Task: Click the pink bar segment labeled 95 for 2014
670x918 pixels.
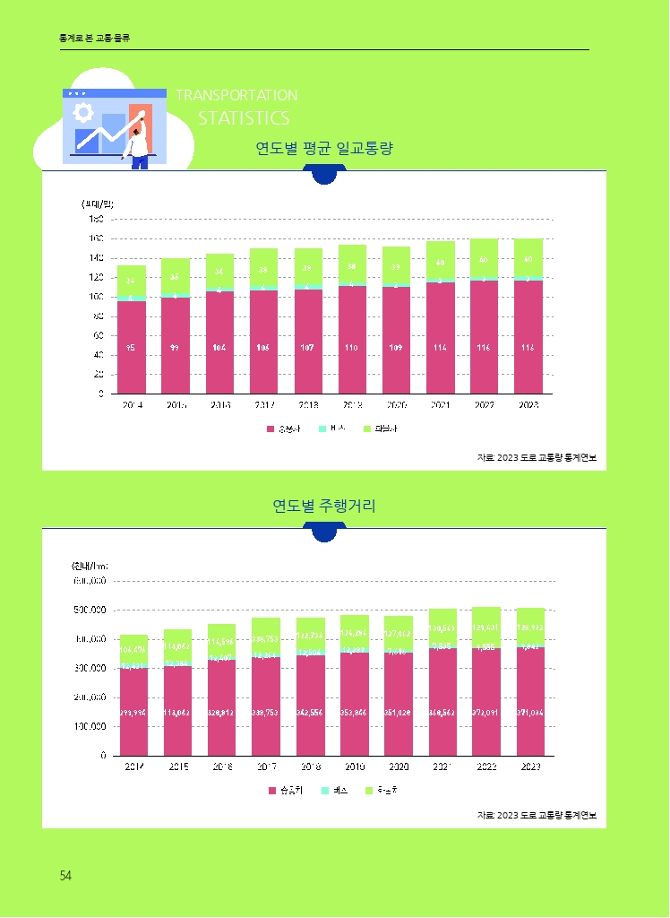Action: [x=132, y=347]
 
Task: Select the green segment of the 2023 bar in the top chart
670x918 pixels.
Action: [x=528, y=258]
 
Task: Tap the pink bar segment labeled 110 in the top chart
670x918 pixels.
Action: [x=352, y=341]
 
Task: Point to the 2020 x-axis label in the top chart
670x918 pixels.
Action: [x=396, y=405]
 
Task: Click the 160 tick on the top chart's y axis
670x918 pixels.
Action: [x=96, y=238]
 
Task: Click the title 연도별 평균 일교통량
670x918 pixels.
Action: [x=324, y=149]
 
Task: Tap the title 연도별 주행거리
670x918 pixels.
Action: [x=324, y=507]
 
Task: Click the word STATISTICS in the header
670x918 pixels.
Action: [x=244, y=118]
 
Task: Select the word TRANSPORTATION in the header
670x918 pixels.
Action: [x=236, y=95]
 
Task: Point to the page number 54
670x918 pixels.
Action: [x=65, y=876]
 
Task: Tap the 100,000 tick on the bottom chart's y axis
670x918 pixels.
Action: [x=90, y=726]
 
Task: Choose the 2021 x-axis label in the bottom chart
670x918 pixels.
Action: [x=441, y=767]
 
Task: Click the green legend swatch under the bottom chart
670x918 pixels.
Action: [x=367, y=790]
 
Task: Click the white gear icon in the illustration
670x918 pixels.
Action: [x=84, y=112]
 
